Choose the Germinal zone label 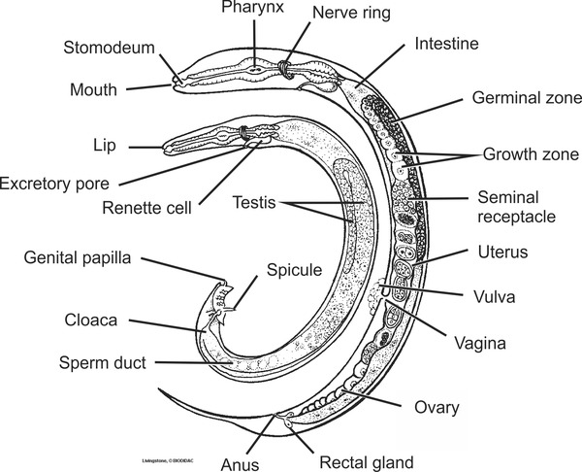[x=526, y=98]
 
